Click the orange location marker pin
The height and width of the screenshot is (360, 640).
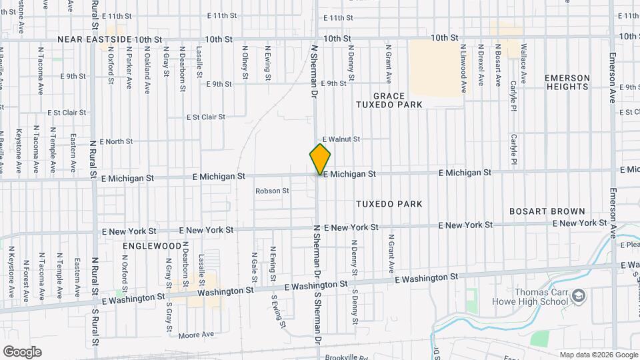click(320, 159)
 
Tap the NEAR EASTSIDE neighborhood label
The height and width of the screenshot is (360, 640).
click(95, 39)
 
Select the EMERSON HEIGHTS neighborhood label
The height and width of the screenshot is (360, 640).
click(567, 83)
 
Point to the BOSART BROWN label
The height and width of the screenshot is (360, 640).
click(547, 211)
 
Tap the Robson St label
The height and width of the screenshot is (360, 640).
click(272, 191)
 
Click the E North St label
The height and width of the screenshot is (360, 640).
click(116, 141)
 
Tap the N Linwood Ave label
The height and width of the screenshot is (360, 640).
click(463, 68)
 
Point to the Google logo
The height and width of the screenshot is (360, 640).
click(22, 352)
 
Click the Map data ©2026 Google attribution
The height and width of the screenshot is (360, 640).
click(598, 355)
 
